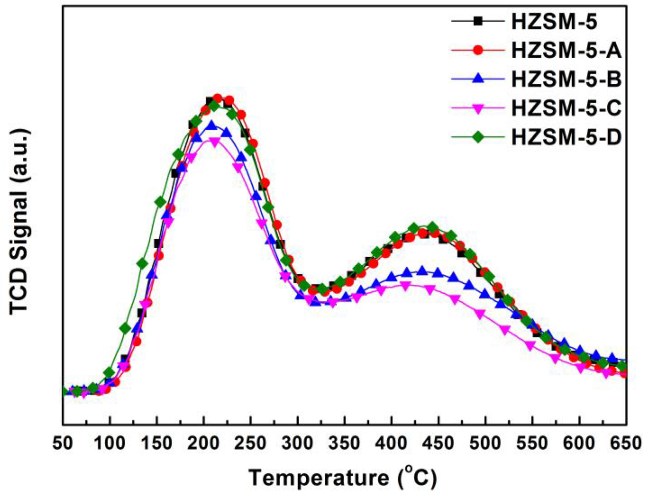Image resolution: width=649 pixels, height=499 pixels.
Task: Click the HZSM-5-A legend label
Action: [566, 50]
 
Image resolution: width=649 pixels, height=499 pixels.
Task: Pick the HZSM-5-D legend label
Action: [566, 137]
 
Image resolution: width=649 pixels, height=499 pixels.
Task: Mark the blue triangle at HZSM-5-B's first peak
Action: [212, 125]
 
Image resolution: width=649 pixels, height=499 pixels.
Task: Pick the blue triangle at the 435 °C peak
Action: [422, 271]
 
